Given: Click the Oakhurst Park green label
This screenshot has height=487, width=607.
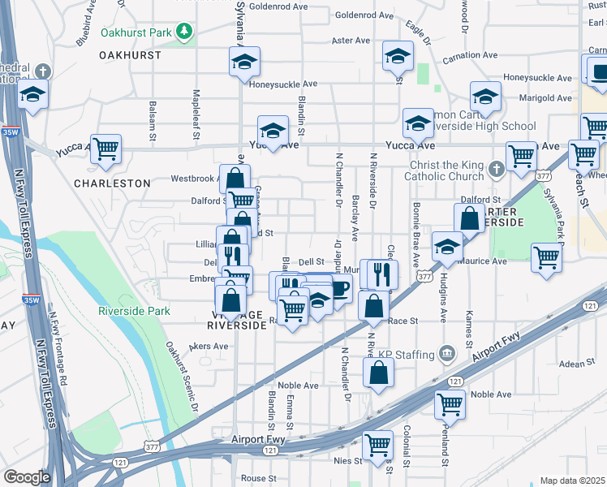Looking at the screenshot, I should (138, 33).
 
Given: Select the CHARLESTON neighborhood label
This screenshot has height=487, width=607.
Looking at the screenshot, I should (112, 183).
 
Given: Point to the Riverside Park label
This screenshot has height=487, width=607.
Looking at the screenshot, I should (134, 311).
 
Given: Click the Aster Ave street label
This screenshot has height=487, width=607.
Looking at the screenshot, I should (351, 40).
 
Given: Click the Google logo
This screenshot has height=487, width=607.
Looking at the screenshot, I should (26, 476).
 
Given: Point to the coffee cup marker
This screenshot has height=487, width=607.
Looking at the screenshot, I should (339, 287).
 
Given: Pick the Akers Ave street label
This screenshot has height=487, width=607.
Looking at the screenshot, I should (209, 346).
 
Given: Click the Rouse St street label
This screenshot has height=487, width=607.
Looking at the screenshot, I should (259, 478).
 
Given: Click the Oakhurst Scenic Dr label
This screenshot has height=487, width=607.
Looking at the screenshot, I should (182, 377).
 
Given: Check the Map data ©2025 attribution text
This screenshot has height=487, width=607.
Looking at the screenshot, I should (572, 481).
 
